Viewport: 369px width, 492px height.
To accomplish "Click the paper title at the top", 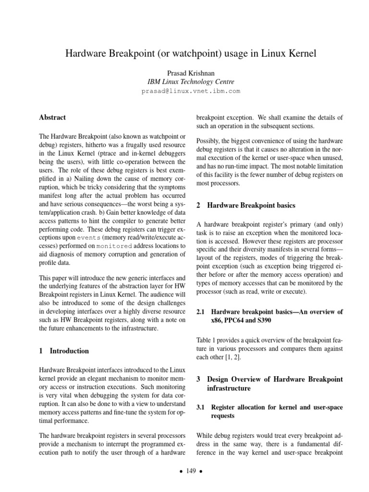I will tap(191, 53).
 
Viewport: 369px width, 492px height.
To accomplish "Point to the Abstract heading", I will tap(52, 117).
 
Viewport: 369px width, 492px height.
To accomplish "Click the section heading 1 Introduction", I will tap(63, 351).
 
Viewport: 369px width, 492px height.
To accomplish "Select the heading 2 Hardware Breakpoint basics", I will tap(246, 205).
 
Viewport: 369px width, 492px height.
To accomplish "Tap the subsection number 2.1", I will tap(202, 312).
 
